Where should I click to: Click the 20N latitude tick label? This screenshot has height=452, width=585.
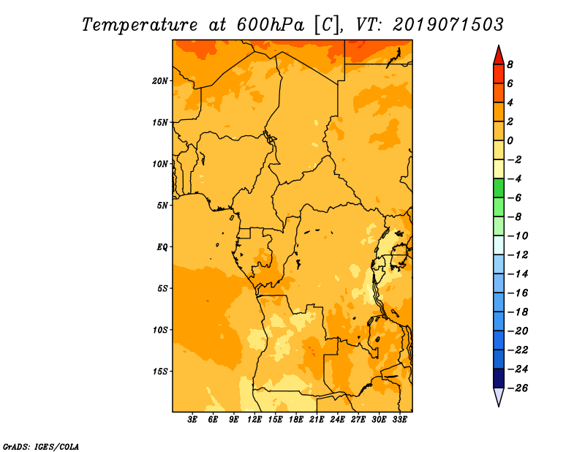160,81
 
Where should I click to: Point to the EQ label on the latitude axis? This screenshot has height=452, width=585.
162,247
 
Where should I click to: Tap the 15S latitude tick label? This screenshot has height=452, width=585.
160,372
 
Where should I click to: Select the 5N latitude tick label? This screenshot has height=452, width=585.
162,206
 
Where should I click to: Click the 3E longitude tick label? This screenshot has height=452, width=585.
192,420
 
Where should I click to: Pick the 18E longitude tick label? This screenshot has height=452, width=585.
296,420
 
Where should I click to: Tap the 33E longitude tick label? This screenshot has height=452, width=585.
399,420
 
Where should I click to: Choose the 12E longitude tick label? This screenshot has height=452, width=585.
254,420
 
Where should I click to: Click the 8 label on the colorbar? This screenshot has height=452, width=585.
510,64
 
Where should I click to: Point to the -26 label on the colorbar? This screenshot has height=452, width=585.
518,388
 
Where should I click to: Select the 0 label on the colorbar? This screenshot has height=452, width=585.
510,140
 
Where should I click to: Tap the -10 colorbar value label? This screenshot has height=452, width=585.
518,236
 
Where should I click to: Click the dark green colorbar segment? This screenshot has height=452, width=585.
499,188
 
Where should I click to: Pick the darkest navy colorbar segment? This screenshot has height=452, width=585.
499,378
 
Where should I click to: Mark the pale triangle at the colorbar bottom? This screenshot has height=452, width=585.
499,397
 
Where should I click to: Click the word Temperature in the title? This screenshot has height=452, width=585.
140,25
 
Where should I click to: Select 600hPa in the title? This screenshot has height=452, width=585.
271,25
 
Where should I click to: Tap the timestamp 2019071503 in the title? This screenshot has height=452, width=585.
448,25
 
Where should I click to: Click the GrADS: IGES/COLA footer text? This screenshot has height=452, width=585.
41,447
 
